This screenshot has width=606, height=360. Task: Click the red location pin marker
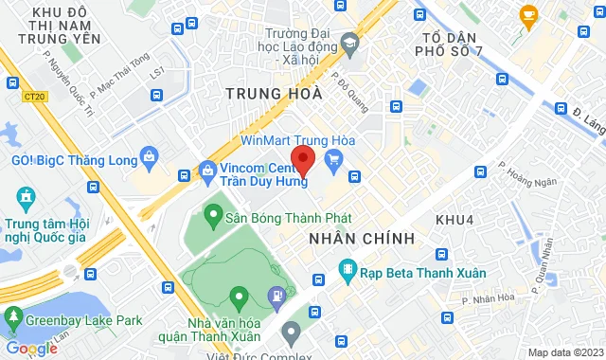302,158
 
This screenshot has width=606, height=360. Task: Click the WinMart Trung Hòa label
284,139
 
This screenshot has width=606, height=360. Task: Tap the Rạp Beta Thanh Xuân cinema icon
347,272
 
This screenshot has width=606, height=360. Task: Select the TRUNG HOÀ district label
275,94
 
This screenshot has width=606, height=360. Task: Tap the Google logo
31,349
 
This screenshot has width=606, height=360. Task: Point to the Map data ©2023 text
563,352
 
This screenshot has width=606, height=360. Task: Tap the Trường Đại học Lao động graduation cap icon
350,45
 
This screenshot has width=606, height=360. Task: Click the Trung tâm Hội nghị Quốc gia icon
25,200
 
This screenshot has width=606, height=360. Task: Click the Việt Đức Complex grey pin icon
291,332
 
